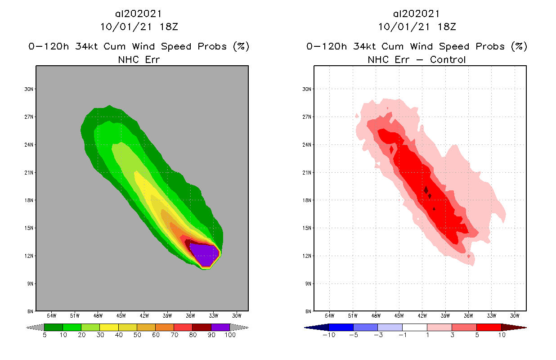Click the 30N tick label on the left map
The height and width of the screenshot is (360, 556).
click(29, 89)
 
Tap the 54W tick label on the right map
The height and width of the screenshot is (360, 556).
click(329, 315)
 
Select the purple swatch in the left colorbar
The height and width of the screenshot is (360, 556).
click(220, 328)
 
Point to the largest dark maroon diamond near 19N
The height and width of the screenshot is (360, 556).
click(426, 190)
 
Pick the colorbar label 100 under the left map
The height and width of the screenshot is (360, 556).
click(230, 335)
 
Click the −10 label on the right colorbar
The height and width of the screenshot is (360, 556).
click(328, 335)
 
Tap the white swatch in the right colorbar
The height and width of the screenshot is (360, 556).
click(414, 328)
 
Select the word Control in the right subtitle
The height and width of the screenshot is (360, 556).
click(448, 59)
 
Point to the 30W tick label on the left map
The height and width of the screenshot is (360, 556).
click(237, 315)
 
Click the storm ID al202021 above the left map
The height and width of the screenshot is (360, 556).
click(139, 14)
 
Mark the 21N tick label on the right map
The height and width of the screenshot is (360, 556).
click(307, 172)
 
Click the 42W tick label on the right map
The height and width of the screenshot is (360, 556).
click(422, 315)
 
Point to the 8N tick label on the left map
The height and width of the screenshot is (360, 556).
click(31, 311)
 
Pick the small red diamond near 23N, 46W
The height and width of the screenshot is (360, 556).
click(391, 149)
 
